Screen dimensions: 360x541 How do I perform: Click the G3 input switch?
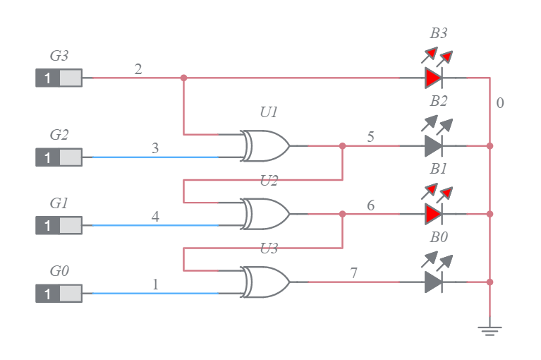coord(59,78)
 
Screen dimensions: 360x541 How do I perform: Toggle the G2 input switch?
coord(59,157)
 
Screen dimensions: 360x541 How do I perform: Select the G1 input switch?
coord(59,225)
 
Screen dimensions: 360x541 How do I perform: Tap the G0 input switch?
coord(59,294)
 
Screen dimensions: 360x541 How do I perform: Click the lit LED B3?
coord(434,78)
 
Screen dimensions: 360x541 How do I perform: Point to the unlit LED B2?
coord(434,146)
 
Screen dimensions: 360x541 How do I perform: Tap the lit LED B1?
coord(434,214)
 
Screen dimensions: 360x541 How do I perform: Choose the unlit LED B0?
coord(434,282)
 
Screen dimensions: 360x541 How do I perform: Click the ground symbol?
coord(490,329)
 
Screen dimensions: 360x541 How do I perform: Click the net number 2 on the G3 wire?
coord(138,69)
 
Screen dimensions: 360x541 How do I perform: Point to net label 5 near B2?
coord(370,137)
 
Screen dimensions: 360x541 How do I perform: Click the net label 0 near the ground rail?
coord(500,103)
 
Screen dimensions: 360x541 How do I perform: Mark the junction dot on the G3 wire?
coord(184,78)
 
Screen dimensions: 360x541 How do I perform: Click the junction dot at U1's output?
coord(342,146)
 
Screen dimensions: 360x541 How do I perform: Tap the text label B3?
coord(439,33)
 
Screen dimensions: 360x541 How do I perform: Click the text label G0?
coord(59,271)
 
